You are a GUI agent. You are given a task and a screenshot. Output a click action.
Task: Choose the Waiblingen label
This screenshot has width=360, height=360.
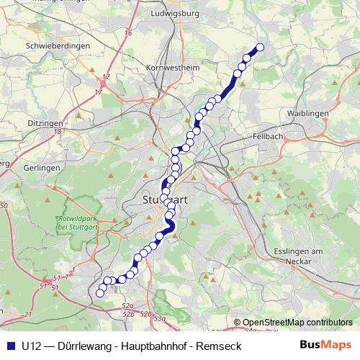pos(307,114)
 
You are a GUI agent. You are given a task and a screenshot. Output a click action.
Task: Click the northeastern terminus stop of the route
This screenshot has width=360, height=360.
pos(260,48)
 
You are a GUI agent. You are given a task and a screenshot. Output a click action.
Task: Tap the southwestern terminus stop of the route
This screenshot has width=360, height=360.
pos(101,292)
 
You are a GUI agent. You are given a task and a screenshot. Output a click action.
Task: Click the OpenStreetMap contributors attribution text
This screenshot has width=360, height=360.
pos(297,322)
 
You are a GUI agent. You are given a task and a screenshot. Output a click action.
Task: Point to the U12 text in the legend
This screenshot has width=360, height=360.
pos(32,345)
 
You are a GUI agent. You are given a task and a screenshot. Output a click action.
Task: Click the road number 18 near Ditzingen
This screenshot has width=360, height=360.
pos(55,132)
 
